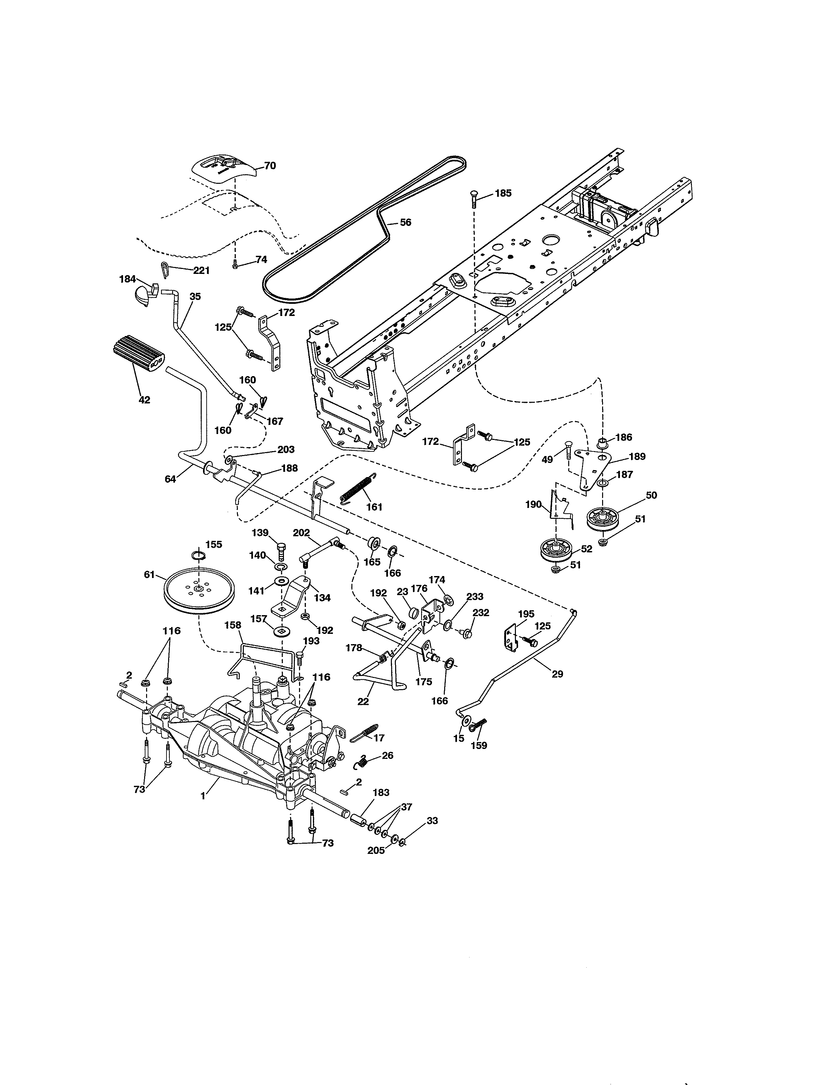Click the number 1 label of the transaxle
203,796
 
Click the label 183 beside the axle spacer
381,792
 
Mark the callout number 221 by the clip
201,270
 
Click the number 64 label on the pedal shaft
170,479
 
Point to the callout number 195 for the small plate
526,614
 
